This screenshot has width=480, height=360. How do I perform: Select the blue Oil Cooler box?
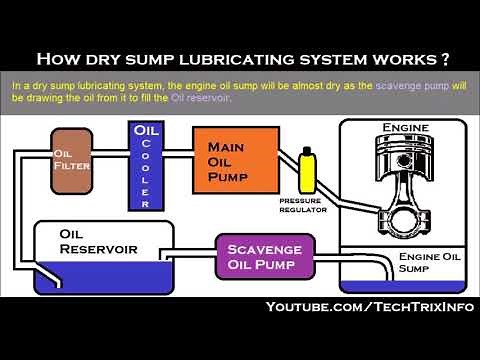click(145, 165)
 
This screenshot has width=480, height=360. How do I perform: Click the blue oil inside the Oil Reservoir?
click(110, 277)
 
